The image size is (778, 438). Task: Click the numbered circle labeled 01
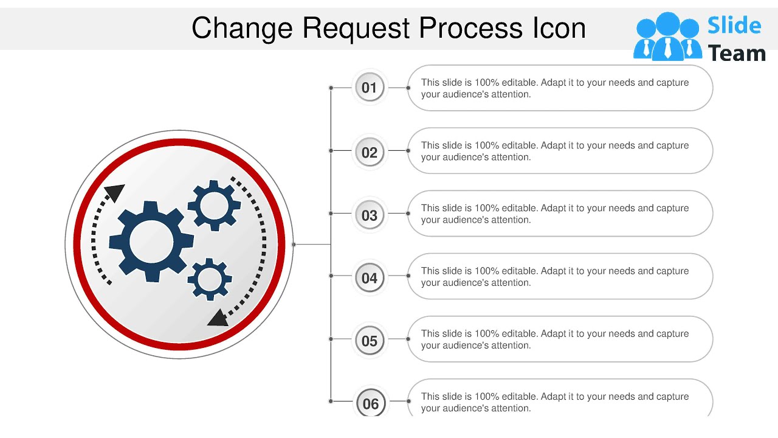(370, 88)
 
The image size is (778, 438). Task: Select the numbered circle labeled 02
(370, 152)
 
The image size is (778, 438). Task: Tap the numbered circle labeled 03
(370, 215)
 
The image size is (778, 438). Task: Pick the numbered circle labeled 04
(370, 278)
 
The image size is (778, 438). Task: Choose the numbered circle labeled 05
(370, 341)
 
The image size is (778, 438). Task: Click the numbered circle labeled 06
(370, 403)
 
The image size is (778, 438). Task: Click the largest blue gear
(151, 242)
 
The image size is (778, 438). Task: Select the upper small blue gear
(214, 206)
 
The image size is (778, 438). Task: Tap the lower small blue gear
(210, 279)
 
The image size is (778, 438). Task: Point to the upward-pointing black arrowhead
(114, 193)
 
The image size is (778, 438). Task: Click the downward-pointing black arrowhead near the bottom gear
(218, 318)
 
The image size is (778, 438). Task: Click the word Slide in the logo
(734, 26)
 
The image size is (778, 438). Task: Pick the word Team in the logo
(737, 54)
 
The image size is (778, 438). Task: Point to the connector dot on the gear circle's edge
(294, 245)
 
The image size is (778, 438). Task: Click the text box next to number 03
(559, 214)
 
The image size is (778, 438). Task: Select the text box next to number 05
(559, 339)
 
